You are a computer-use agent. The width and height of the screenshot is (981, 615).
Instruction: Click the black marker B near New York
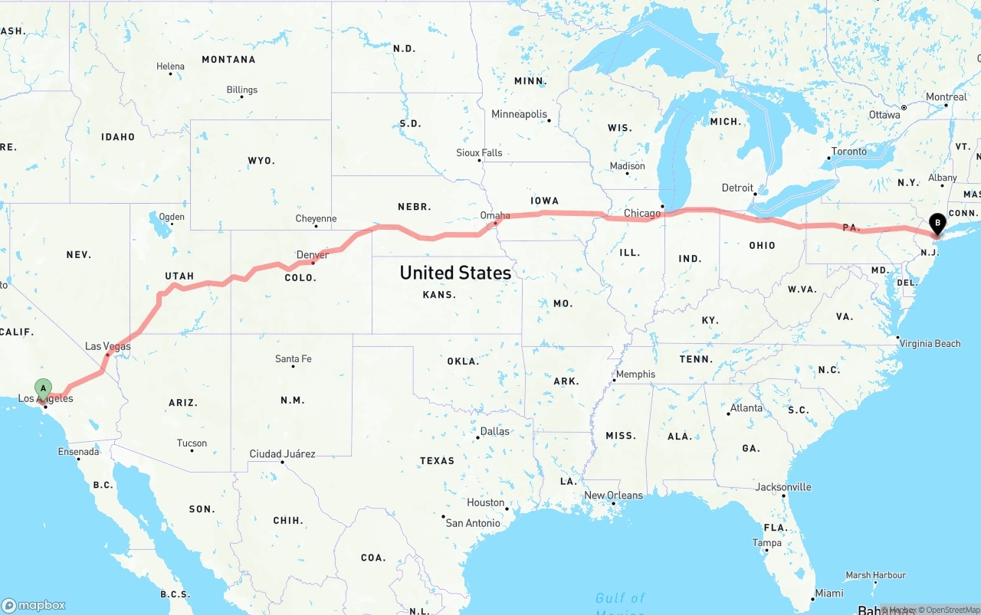[x=937, y=224]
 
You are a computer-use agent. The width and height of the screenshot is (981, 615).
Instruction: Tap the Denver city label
[x=312, y=254]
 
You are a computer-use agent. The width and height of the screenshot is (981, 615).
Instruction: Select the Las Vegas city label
[x=107, y=346]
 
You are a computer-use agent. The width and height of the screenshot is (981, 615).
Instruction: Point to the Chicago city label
[x=641, y=213]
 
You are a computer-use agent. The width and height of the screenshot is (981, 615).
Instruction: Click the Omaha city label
[x=495, y=215]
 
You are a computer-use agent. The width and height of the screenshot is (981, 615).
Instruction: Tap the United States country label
[x=455, y=273]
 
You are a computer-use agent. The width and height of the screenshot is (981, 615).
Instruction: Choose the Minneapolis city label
[x=519, y=114]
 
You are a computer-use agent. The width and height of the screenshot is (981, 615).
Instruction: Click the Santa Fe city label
[x=293, y=358]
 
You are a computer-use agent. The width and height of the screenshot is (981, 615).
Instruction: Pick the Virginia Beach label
[x=930, y=343]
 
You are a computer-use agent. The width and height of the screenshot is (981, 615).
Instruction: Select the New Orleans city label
[x=613, y=495]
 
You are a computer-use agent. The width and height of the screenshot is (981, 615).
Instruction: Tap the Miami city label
[x=829, y=593]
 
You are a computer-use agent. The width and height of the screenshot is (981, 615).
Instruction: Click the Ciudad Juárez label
[x=282, y=453]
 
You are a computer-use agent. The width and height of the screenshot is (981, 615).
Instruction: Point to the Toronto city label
[x=849, y=151]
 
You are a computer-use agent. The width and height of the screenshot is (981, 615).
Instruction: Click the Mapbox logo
[x=34, y=605]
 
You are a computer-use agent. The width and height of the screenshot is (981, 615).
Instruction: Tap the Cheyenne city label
[x=316, y=218]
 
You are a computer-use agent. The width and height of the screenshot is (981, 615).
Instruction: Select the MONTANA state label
[x=228, y=59]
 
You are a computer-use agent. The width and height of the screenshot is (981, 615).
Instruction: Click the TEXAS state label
[x=437, y=460]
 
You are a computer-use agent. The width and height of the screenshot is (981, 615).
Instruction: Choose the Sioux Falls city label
[x=479, y=152]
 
